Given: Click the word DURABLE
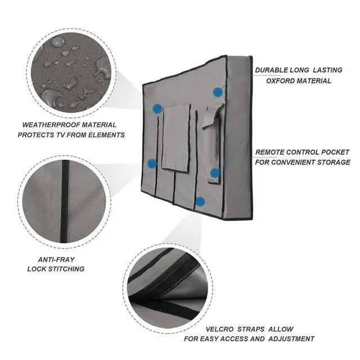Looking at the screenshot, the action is click(272, 71).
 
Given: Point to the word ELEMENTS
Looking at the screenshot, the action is click(108, 135).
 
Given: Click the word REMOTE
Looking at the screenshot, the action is click(271, 152).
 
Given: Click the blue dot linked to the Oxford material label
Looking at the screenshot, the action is click(217, 92).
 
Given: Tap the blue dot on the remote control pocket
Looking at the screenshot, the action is click(214, 173).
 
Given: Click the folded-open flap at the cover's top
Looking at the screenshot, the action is click(211, 115).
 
